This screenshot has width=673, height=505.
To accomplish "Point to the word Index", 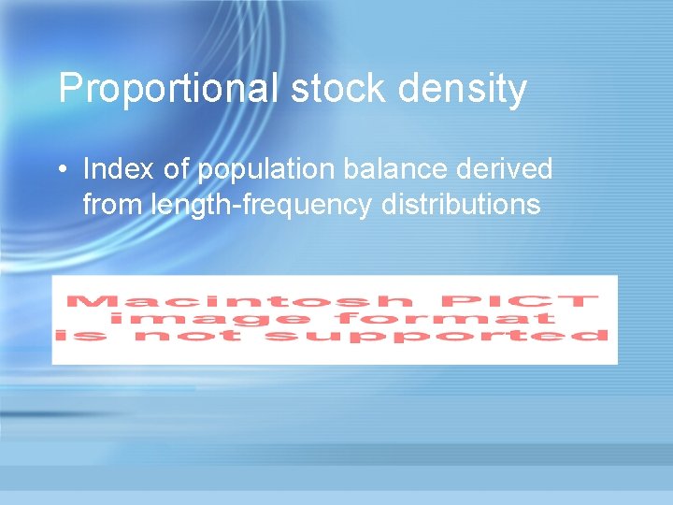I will pos(113,169).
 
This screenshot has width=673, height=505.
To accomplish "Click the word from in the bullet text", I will pos(112,203).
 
